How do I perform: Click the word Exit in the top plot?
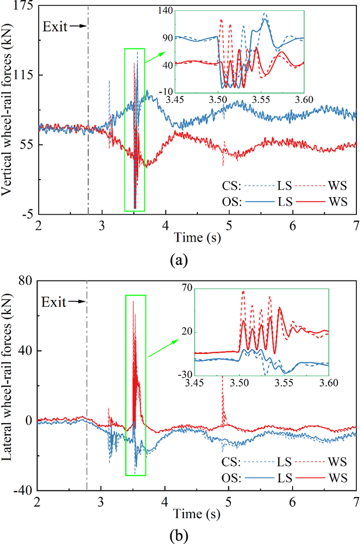pos(55,26)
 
